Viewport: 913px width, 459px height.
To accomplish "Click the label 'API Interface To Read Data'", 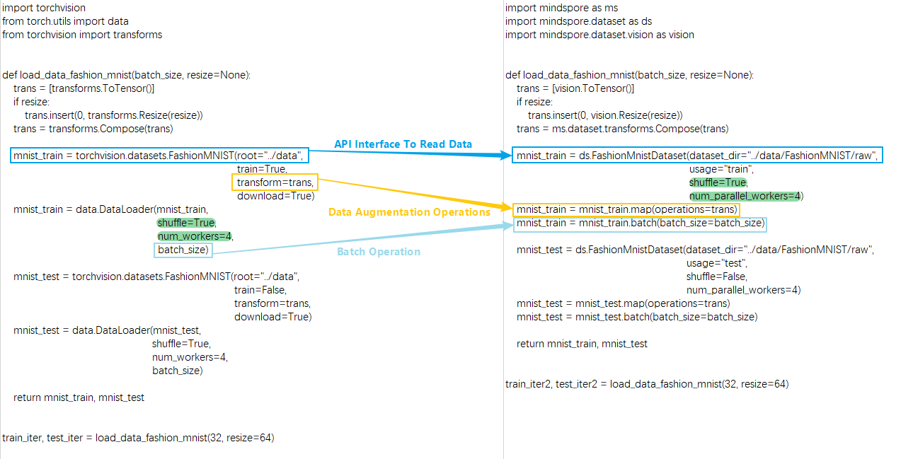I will (x=403, y=144).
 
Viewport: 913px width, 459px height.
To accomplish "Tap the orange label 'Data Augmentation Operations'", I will (x=409, y=212).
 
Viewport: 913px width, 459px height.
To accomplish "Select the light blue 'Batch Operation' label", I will (x=378, y=252).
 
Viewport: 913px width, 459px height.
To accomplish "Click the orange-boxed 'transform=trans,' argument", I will (x=275, y=182).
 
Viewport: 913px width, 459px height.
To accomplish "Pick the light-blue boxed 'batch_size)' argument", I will (x=183, y=250).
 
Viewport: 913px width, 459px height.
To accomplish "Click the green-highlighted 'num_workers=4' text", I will (x=195, y=236).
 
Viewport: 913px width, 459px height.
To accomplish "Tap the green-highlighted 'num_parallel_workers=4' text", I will (x=745, y=196).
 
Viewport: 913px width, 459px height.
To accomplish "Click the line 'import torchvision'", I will (x=44, y=8).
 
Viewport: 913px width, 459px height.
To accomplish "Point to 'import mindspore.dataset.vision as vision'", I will (x=599, y=35).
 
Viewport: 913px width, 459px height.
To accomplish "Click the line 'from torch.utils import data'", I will (x=65, y=21).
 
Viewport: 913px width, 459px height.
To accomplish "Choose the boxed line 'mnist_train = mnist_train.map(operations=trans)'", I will (x=626, y=209).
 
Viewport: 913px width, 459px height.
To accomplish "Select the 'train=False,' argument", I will (x=260, y=290).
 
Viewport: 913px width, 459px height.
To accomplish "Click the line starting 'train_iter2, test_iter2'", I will (x=647, y=384).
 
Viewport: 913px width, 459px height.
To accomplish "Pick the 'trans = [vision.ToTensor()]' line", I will (x=575, y=88).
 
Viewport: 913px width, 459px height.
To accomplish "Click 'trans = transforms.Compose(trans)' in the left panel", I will (x=93, y=129).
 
